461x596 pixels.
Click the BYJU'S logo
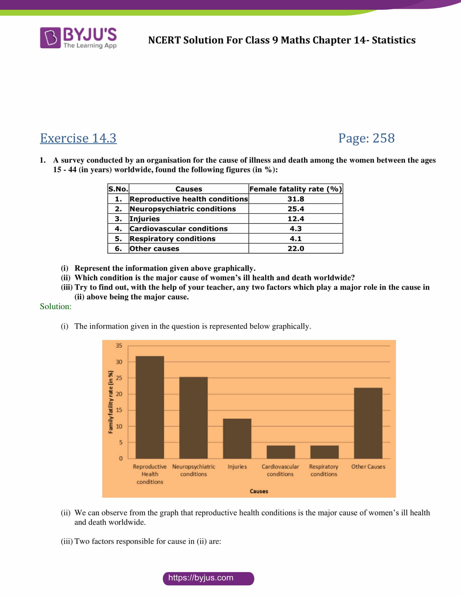click(x=78, y=38)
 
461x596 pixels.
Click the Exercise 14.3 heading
click(x=78, y=138)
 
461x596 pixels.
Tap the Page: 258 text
click(x=366, y=138)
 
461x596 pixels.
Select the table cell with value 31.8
click(x=296, y=199)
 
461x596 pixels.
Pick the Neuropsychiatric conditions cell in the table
click(x=183, y=209)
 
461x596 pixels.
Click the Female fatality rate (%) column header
click(x=296, y=189)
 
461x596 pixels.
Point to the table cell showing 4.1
click(x=296, y=238)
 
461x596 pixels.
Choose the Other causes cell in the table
click(x=155, y=248)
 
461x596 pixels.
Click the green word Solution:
click(x=56, y=306)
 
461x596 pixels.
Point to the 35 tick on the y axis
click(x=119, y=345)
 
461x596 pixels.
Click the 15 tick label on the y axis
click(x=119, y=410)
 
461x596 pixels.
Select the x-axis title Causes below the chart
click(x=259, y=491)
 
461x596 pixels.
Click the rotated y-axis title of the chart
click(x=111, y=402)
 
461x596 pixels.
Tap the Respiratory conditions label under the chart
click(x=324, y=470)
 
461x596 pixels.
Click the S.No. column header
click(x=118, y=189)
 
